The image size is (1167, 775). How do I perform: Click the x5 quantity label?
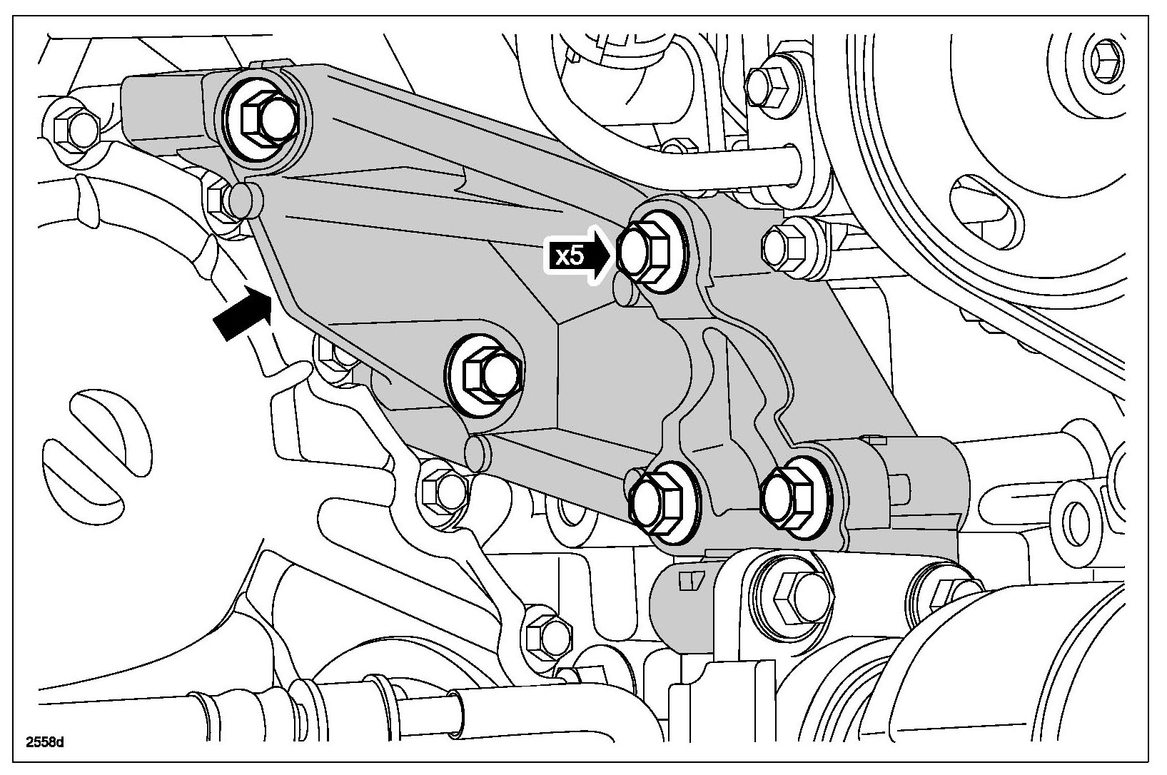pos(569,256)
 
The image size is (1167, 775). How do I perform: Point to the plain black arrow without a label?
pos(243,315)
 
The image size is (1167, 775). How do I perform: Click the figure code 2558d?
pos(45,742)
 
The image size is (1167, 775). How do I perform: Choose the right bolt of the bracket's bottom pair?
pos(786,498)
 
